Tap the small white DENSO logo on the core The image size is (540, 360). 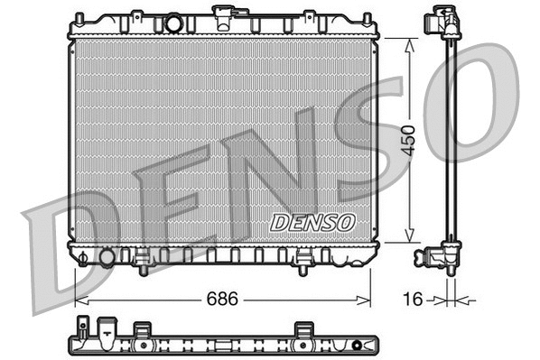(313, 222)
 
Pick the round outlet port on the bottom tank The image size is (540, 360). (107, 258)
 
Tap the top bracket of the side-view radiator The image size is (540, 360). (443, 20)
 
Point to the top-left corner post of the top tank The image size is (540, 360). (79, 17)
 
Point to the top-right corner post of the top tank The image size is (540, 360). (368, 17)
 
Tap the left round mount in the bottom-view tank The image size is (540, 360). (141, 343)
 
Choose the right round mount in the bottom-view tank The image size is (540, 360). (301, 343)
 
